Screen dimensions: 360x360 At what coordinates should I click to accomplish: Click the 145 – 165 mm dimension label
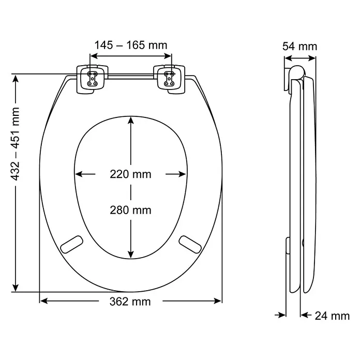(x=131, y=45)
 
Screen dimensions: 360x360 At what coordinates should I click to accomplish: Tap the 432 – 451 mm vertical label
(x=16, y=144)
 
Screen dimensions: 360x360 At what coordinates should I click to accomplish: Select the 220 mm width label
(x=130, y=174)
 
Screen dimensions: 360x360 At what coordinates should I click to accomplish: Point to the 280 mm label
(x=130, y=210)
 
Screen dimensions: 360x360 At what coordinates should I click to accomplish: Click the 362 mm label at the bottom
(x=130, y=302)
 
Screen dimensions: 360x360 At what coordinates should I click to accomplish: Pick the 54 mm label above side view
(x=299, y=47)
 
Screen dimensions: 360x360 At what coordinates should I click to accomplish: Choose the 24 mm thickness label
(x=332, y=316)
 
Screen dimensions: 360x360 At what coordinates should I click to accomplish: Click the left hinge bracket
(x=92, y=79)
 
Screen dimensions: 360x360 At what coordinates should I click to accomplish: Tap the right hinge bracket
(x=169, y=79)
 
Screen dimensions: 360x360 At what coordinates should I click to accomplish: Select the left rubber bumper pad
(x=71, y=245)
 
